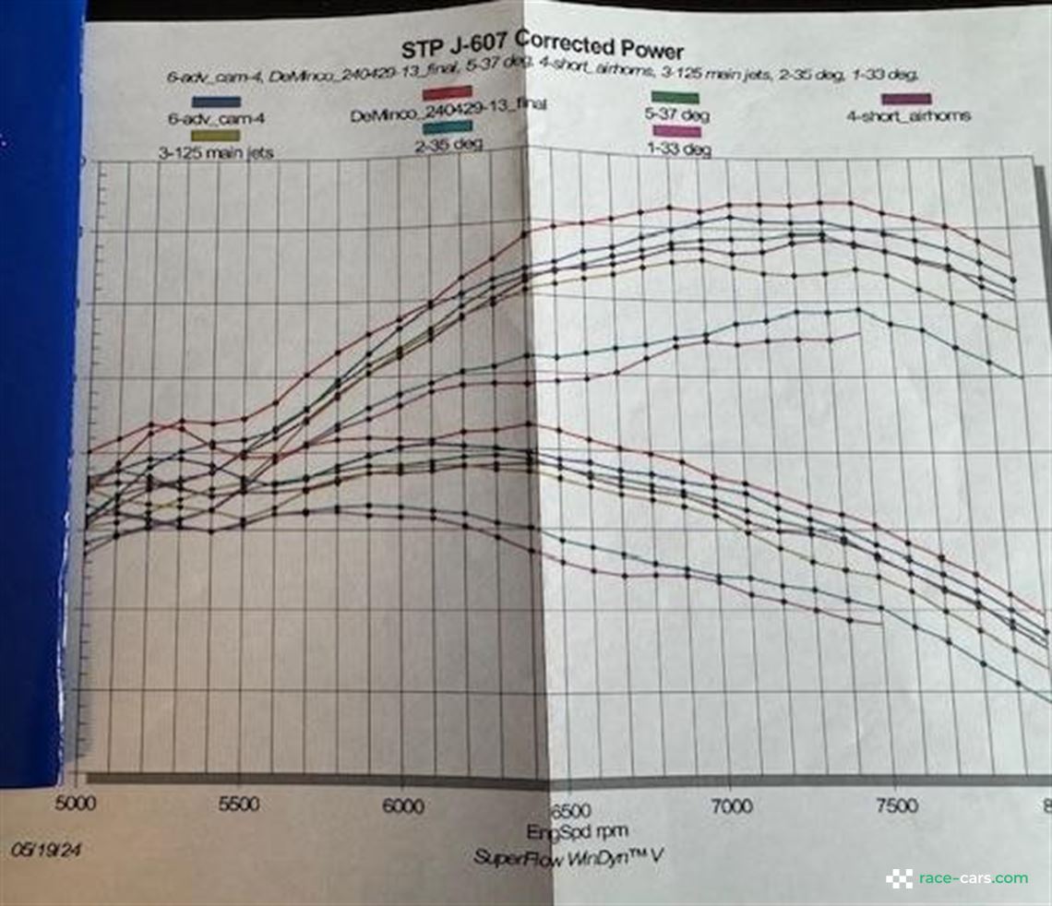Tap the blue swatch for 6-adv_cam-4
pyautogui.click(x=217, y=101)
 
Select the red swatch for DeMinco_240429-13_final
pyautogui.click(x=448, y=92)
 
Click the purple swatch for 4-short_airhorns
pyautogui.click(x=907, y=99)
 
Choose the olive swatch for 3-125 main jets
pyautogui.click(x=214, y=136)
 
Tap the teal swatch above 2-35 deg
pyautogui.click(x=449, y=126)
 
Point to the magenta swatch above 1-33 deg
pyautogui.click(x=676, y=132)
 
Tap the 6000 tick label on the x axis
pyautogui.click(x=403, y=806)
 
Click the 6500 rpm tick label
pyautogui.click(x=566, y=809)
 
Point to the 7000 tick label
pyautogui.click(x=729, y=807)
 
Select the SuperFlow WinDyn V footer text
pyautogui.click(x=567, y=857)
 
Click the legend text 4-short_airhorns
pyautogui.click(x=908, y=116)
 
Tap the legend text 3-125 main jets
pyautogui.click(x=214, y=153)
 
